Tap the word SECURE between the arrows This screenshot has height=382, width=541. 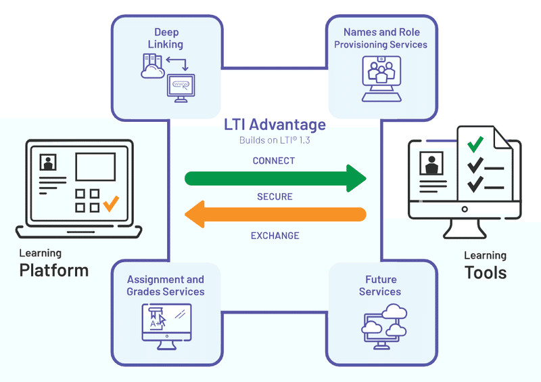275,196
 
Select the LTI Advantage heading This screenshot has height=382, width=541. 275,125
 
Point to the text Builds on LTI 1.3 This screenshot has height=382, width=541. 275,141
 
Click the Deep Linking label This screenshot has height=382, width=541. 166,38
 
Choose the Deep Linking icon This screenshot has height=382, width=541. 168,78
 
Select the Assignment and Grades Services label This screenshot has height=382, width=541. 166,285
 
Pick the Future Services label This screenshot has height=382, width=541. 380,285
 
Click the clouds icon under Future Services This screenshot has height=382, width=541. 383,324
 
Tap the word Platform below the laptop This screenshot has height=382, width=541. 54,270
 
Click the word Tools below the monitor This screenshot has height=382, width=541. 486,272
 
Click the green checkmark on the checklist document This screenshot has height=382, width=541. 476,144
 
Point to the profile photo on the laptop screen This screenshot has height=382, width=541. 48,163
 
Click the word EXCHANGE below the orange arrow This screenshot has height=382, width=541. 275,236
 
